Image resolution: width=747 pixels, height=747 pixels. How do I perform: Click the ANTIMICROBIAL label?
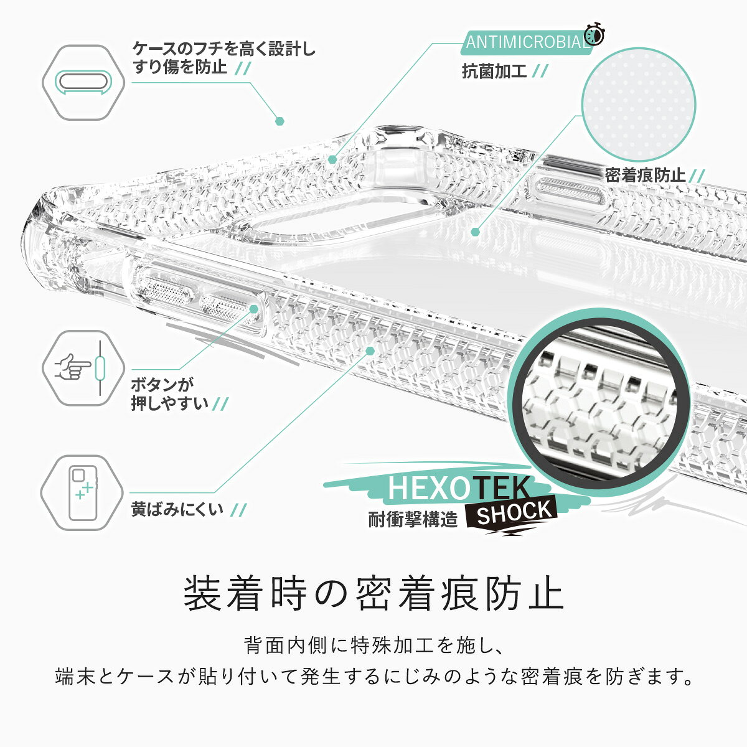point(527,42)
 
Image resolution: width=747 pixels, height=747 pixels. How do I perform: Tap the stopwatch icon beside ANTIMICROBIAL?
point(595,34)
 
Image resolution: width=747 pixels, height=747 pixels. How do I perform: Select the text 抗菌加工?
point(494,72)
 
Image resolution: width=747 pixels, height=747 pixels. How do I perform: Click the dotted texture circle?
point(639,105)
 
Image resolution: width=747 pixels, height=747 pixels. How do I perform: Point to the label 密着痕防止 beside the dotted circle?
point(645,175)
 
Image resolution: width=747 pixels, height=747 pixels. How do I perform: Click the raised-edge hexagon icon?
point(83,83)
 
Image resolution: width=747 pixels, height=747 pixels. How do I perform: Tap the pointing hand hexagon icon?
point(83,368)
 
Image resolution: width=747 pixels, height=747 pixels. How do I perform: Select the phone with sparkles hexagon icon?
point(82,492)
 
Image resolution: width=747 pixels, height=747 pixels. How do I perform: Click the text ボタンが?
point(162,385)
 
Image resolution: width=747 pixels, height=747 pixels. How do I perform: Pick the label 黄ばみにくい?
point(177,509)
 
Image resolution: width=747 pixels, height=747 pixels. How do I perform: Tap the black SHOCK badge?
point(512,513)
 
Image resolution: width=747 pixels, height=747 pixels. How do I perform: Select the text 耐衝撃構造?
point(413,519)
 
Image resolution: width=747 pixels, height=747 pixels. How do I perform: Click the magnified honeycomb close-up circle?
point(598,403)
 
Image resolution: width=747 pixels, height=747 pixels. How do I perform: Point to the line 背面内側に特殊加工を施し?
point(373,646)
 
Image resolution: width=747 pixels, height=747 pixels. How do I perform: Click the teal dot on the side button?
point(253,309)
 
